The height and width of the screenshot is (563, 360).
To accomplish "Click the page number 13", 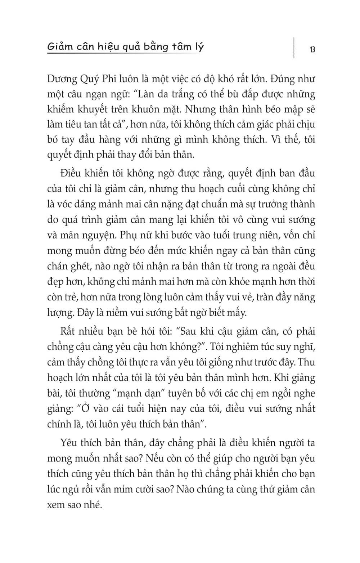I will (312, 49).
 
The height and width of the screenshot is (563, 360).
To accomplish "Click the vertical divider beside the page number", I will (294, 47).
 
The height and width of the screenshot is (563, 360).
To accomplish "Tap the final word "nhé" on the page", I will (93, 505).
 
